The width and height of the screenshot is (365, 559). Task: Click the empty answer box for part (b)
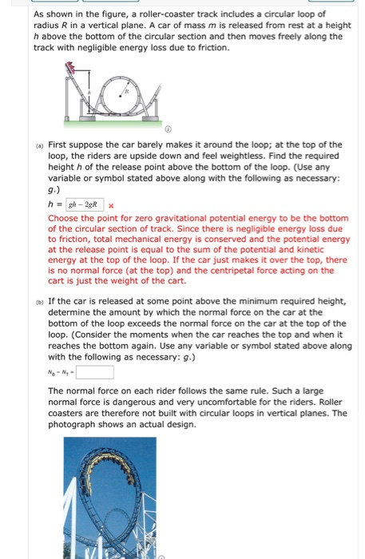(x=94, y=372)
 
